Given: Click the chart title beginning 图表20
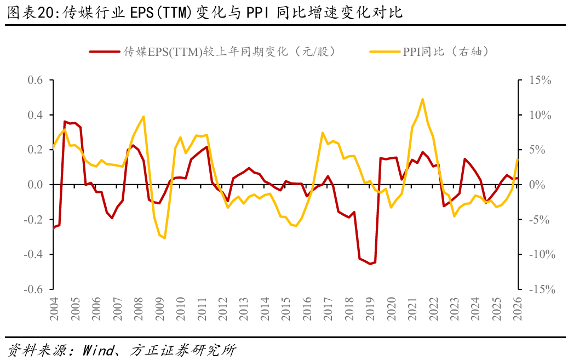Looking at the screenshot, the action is point(205,12).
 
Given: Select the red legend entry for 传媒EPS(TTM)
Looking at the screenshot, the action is point(212,52).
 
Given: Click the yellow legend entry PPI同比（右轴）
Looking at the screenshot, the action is point(429,52).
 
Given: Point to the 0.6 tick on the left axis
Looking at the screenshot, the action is point(35,80).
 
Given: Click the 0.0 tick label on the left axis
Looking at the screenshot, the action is point(35,185).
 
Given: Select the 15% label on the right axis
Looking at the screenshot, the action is point(541,80).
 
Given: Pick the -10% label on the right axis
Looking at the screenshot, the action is point(542,254).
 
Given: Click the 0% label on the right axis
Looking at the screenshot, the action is point(537,185).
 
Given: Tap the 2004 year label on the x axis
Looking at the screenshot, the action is point(54,309).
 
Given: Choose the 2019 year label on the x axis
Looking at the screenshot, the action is point(370,309).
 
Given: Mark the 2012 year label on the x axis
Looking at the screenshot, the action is point(222,309).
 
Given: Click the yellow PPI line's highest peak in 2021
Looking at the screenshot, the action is point(422,99).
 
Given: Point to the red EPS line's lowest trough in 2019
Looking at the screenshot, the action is point(370,264).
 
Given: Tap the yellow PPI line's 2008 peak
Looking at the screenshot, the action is point(144,117).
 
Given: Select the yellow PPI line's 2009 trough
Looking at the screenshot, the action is point(165,238).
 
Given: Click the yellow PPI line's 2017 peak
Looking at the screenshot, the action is point(323,133).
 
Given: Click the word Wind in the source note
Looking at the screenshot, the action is point(98,350).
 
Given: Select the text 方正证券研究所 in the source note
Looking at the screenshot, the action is point(183,350).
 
